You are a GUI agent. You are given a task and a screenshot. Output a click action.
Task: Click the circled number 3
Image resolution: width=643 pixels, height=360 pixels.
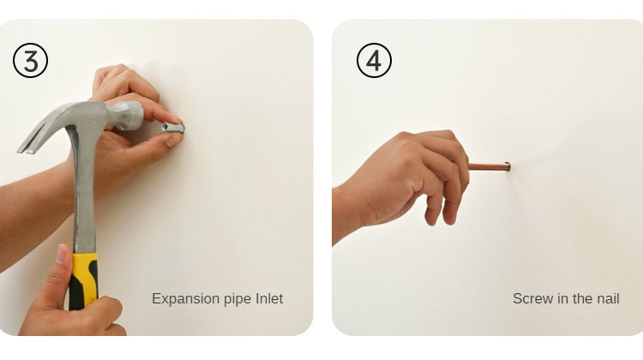(30, 60)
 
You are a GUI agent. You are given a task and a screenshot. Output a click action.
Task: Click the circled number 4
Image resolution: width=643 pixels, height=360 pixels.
(374, 60)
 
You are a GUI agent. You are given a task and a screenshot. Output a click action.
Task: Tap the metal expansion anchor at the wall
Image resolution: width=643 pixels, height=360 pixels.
(173, 128)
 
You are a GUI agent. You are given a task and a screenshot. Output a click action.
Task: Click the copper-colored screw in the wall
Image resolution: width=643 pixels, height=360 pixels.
(490, 166)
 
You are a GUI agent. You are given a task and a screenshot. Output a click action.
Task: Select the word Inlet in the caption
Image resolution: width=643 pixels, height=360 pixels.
(269, 298)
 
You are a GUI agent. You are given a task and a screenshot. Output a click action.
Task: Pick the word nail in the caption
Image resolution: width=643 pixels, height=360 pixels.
(608, 298)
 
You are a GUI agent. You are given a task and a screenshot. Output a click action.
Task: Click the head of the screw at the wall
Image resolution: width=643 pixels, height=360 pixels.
(508, 166)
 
